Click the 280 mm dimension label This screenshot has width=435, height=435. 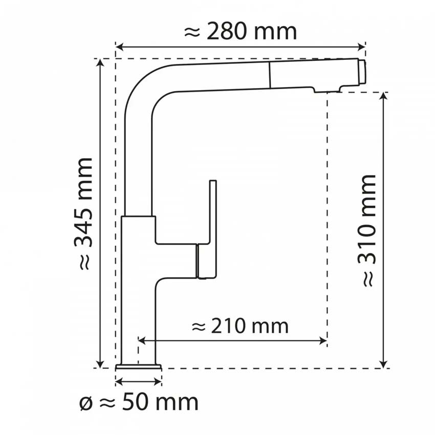tap(240, 32)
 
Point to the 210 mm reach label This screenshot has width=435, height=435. tap(240, 325)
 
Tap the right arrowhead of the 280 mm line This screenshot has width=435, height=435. tap(363, 48)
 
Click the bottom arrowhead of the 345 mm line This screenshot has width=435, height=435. tap(100, 364)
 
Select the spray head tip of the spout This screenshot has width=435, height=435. tap(361, 72)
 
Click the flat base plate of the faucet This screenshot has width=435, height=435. tap(139, 366)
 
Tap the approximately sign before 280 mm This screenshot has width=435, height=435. tap(191, 32)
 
